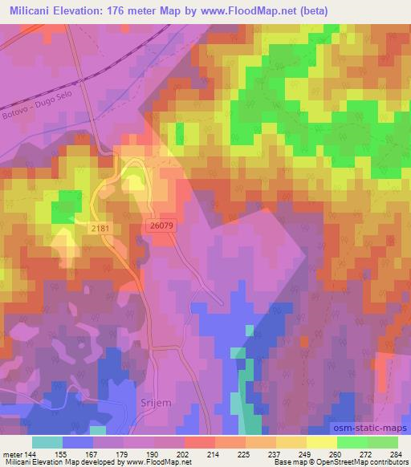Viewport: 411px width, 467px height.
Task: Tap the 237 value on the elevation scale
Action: (x=273, y=454)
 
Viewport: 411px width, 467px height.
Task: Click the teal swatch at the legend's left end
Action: (x=47, y=442)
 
